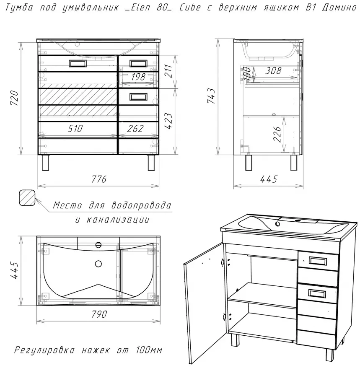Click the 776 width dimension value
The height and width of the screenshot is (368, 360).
coord(99,179)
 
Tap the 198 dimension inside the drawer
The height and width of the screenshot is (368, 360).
coord(137,77)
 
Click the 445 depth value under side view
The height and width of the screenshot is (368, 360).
coord(269,179)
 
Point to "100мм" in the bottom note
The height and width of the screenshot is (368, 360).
coord(149,350)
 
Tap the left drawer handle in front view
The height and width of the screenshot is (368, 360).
coord(78,63)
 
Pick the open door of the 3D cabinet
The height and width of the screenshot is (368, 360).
coord(203,293)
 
